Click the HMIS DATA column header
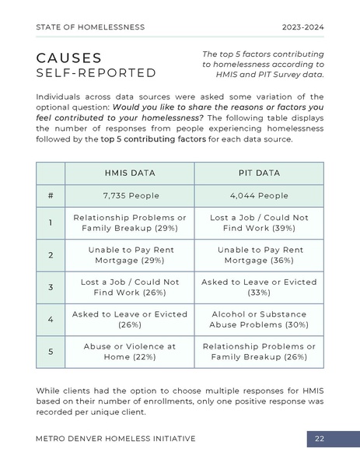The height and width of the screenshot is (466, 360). (129, 173)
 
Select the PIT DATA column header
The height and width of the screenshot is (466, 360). (259, 173)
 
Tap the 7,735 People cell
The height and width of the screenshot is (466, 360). (129, 195)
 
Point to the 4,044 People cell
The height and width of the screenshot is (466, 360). (259, 195)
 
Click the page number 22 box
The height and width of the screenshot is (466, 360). (320, 439)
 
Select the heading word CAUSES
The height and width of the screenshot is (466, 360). (69, 58)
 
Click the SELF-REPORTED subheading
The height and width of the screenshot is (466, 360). (96, 74)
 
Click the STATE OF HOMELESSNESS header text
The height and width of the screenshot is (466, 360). (90, 27)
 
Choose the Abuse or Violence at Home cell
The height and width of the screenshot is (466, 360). (129, 352)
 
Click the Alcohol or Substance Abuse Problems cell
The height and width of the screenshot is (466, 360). (259, 319)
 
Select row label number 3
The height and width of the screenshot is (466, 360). (51, 287)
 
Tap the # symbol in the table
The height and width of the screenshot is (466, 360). (51, 195)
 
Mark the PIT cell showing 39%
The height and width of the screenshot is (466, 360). (259, 223)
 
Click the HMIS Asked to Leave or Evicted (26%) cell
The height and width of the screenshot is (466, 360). (129, 319)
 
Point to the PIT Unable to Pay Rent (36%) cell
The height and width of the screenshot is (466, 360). (259, 255)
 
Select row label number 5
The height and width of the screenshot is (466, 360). (51, 352)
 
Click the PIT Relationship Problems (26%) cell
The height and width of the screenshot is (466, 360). (259, 352)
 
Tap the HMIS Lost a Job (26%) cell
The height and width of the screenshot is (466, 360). (129, 287)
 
